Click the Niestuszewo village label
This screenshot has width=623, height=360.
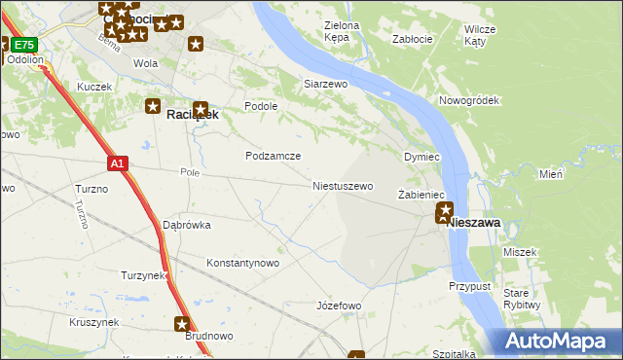(342, 186)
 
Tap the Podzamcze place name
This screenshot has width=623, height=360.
(273, 156)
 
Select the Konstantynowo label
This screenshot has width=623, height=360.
(243, 263)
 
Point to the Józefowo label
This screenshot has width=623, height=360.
(339, 306)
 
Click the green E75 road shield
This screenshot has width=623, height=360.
(24, 45)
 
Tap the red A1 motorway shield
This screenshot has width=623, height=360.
(117, 164)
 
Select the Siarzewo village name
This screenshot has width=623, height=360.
(326, 85)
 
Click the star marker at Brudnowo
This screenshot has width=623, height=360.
(182, 324)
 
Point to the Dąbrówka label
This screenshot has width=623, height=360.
(186, 225)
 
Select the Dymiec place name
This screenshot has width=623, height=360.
(422, 157)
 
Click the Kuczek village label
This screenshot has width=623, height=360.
(94, 87)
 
